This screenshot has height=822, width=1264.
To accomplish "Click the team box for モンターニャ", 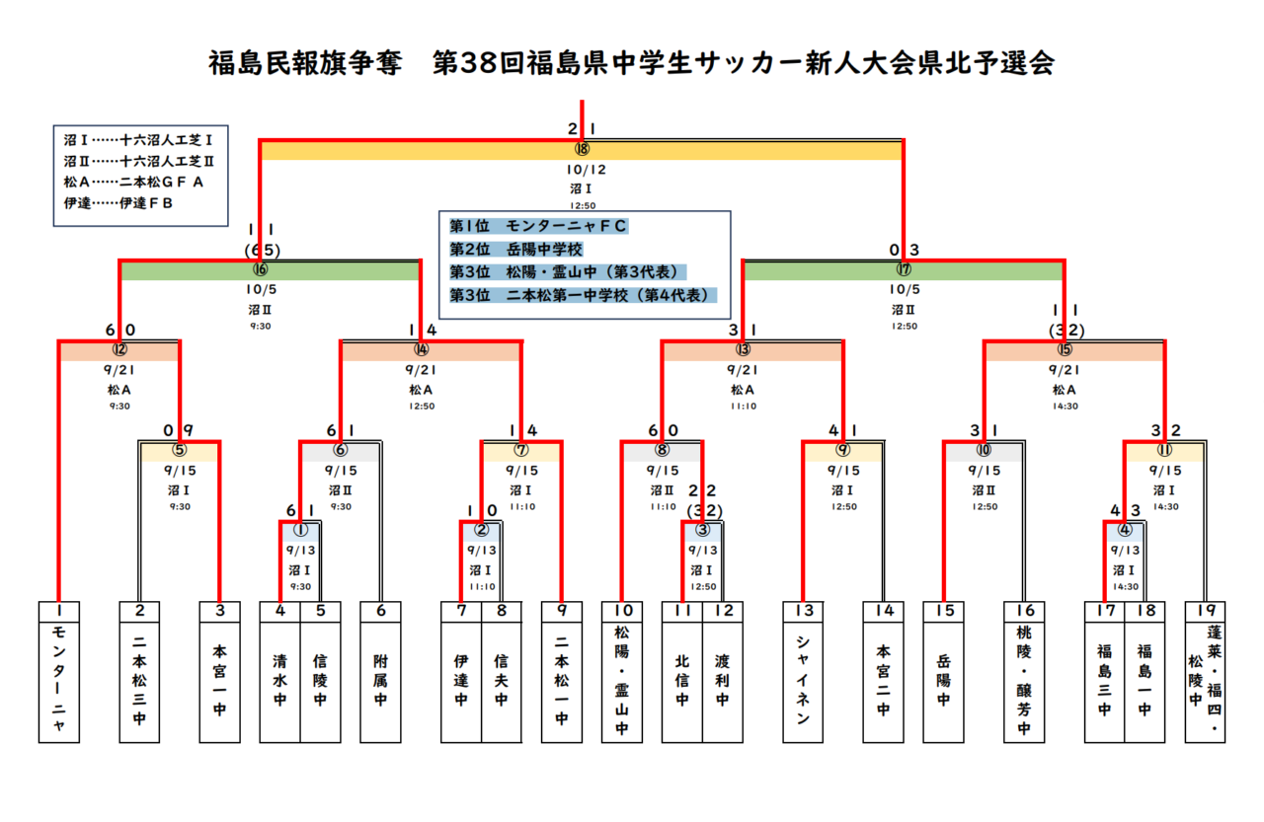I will [59, 681].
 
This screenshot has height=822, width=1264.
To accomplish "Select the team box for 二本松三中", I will [139, 681].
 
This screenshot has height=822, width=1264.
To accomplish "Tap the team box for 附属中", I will [380, 681].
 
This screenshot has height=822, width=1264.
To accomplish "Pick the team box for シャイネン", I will [802, 681].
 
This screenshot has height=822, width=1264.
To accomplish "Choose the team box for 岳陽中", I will [943, 681].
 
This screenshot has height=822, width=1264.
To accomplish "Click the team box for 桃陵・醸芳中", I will [1024, 681].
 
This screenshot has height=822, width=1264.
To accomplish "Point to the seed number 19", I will [1205, 611].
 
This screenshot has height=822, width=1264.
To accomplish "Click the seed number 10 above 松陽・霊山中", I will [622, 611].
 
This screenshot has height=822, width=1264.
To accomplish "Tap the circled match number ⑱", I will [582, 149].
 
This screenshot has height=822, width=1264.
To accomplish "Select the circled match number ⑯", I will [260, 268].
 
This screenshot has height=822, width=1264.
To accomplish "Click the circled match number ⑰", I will [904, 268].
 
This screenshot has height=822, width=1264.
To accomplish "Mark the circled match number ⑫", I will [119, 348].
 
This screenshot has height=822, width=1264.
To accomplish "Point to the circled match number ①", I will [300, 529].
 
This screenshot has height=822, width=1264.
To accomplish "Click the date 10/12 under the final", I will [582, 169].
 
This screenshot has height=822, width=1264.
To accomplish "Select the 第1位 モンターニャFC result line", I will [538, 227].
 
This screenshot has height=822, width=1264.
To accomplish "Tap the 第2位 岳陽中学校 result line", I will [516, 250].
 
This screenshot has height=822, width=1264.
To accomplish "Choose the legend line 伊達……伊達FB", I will [119, 203].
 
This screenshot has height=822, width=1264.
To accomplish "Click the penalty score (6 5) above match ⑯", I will [262, 250].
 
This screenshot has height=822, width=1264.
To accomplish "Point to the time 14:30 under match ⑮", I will [1065, 406].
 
